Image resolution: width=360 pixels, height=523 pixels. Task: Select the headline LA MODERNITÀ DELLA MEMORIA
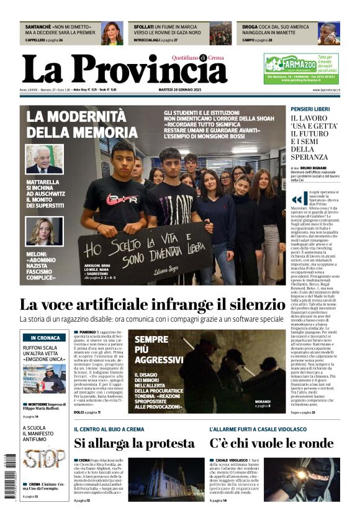(81, 124)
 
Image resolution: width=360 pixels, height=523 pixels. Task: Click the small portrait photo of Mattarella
(44, 159)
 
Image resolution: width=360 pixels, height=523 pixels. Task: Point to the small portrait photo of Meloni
(44, 231)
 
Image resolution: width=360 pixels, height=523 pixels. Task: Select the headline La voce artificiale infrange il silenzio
(151, 304)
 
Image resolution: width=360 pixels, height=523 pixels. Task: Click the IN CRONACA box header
(44, 337)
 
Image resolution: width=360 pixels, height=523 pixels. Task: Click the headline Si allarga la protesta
(134, 443)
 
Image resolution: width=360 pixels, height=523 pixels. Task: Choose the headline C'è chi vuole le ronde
(271, 443)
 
